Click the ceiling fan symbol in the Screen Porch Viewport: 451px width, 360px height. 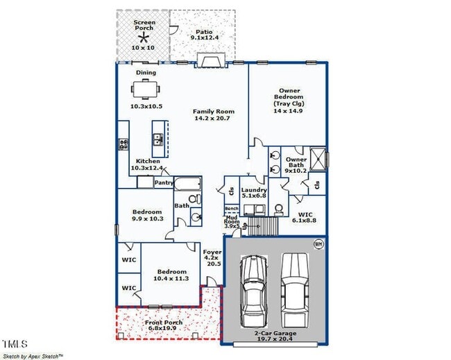pyautogui.click(x=144, y=38)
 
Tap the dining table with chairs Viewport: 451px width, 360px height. pyautogui.click(x=145, y=89)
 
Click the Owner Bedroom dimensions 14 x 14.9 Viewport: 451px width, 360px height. pyautogui.click(x=288, y=110)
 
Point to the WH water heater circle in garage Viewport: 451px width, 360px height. pyautogui.click(x=318, y=243)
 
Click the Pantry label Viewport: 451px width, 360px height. pyautogui.click(x=164, y=183)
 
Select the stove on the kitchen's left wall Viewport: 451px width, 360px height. pyautogui.click(x=124, y=144)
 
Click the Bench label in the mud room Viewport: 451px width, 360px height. pyautogui.click(x=231, y=209)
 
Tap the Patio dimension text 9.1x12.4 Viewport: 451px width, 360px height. pyautogui.click(x=203, y=37)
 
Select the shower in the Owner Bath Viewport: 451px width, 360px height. pyautogui.click(x=318, y=159)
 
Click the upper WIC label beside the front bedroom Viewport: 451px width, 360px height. pyautogui.click(x=129, y=259)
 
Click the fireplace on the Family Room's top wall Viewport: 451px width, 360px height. pyautogui.click(x=210, y=61)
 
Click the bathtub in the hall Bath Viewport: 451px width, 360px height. pyautogui.click(x=187, y=185)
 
